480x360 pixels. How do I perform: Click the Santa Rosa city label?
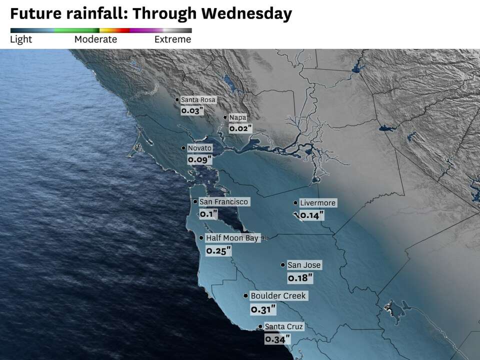(x=198, y=100)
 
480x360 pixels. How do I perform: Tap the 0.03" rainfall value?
(x=192, y=111)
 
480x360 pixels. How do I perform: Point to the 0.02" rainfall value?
(x=240, y=128)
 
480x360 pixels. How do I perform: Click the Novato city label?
(x=199, y=148)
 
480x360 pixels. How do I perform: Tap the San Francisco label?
(x=223, y=202)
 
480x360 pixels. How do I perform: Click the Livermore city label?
(x=317, y=203)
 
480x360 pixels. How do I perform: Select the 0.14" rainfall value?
(x=311, y=215)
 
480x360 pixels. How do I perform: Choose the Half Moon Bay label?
(x=232, y=238)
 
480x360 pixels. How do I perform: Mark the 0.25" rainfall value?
(x=218, y=250)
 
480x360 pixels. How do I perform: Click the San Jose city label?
(x=304, y=265)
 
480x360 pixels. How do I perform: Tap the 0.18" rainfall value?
(x=300, y=277)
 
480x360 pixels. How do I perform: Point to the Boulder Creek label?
(x=278, y=296)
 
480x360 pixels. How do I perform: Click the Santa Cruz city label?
(x=283, y=327)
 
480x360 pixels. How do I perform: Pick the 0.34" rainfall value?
(x=277, y=339)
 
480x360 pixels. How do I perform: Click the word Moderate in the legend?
(x=95, y=39)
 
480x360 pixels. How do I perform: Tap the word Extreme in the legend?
(x=172, y=39)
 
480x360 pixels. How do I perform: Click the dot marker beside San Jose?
(x=283, y=265)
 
